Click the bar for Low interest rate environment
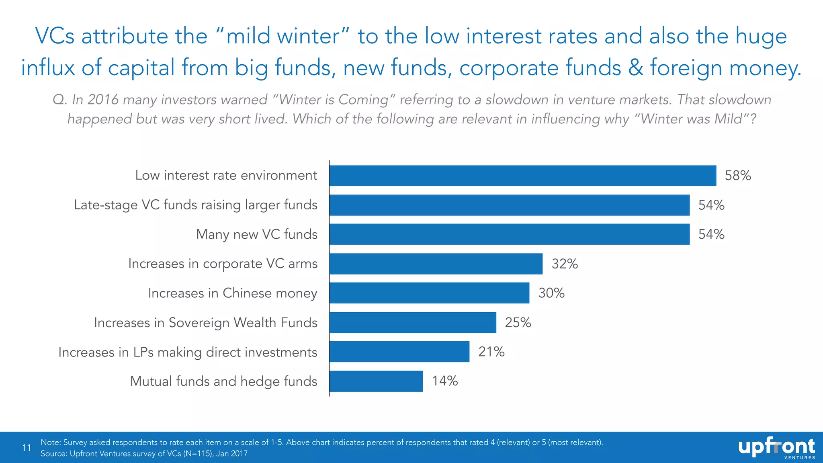coord(522,176)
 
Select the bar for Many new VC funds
coord(509,234)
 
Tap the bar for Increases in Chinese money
coord(429,293)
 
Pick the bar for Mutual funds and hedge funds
coord(376,381)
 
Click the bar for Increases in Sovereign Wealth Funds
coord(413,322)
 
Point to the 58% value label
coord(738,176)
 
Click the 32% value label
coord(565,264)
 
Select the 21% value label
coord(491,352)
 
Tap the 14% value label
coord(445,381)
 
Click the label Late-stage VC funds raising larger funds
coord(195,205)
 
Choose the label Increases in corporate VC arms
coord(223,264)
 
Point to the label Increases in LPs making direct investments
coord(188,352)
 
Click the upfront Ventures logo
coord(776,448)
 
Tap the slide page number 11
coord(27,448)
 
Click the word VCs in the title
coord(55,36)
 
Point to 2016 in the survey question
coord(103,100)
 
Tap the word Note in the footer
coord(50,443)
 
